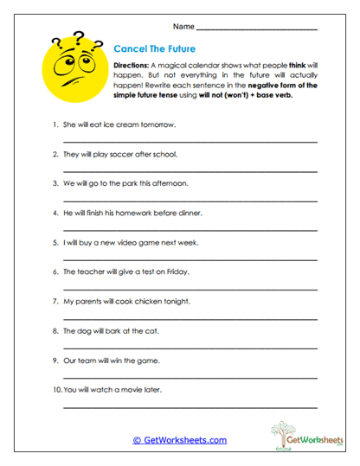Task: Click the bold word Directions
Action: point(132,65)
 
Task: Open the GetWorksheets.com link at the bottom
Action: point(180,440)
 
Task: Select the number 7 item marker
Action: point(55,301)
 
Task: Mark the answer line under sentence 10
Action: point(189,405)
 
